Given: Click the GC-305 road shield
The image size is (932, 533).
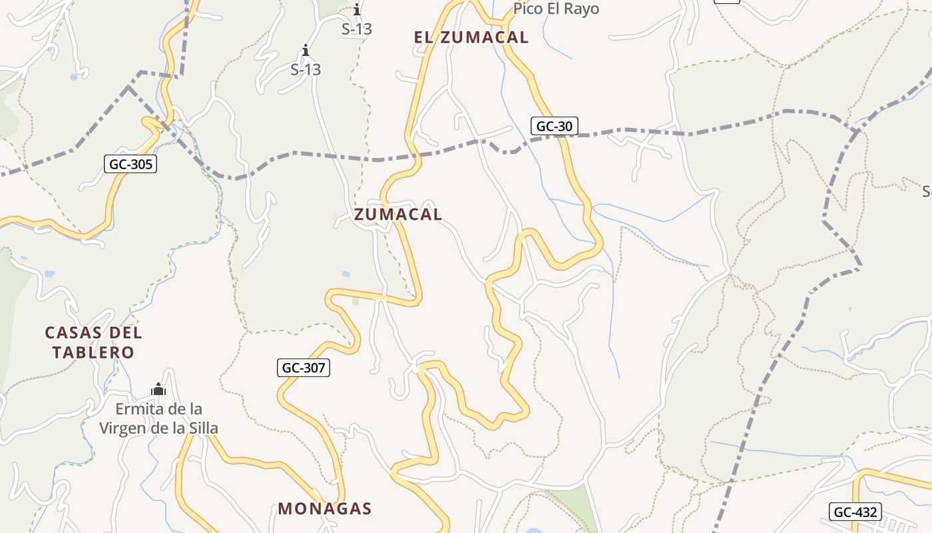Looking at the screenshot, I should pos(130,164).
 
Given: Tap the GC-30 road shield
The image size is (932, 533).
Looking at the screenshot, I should pos(555,126).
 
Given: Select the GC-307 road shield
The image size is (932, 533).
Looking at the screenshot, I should pos(304,367).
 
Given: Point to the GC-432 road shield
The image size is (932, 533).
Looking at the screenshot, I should pos(855,512).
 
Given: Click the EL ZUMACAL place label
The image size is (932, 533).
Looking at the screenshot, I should pos(471,37).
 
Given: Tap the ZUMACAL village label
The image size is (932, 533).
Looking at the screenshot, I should pos(398,214).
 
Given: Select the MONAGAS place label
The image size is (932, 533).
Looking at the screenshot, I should pos(325,508).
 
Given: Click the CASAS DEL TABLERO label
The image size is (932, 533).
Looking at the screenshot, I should pos(93,342).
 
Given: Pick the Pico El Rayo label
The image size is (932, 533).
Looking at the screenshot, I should pos(556,9).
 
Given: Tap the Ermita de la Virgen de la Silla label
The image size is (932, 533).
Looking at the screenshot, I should pos(158,418).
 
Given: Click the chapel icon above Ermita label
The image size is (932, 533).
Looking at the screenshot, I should pos(158,389).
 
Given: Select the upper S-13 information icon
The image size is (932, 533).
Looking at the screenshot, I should pos(357,9).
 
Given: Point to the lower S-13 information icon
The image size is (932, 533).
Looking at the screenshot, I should pos(306,50).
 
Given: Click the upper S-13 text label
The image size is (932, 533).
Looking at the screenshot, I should pos(357,29).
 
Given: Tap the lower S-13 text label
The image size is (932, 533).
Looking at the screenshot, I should pos(306,69).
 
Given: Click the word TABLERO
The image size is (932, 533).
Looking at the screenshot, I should pos(93,352).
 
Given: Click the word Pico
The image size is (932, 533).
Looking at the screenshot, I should pos(527,9).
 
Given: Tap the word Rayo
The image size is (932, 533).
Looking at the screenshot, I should pos(580,9).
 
